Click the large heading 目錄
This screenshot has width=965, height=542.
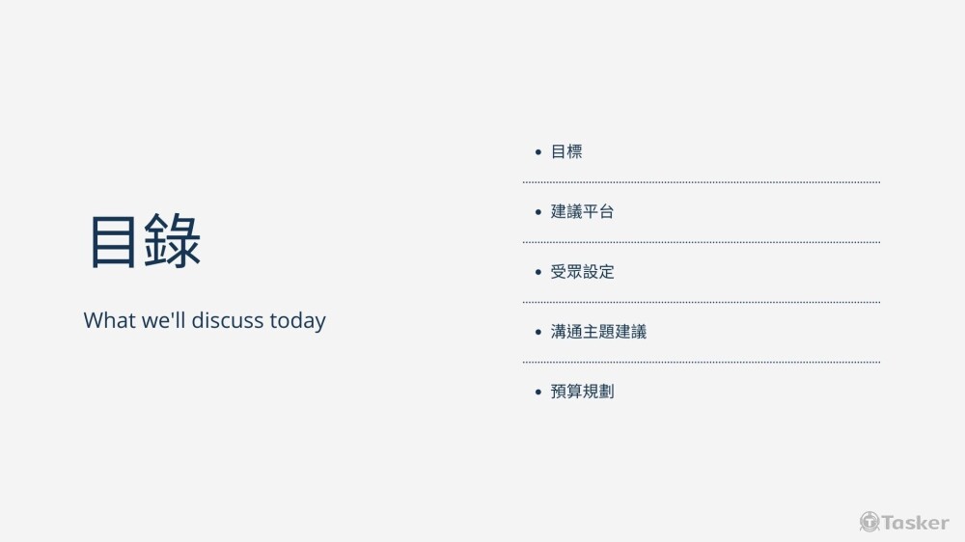pyautogui.click(x=146, y=240)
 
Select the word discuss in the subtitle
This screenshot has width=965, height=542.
pyautogui.click(x=228, y=320)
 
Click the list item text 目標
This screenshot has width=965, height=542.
pyautogui.click(x=566, y=151)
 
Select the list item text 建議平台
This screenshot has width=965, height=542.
pyautogui.click(x=582, y=211)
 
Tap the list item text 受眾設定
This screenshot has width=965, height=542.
pyautogui.click(x=582, y=271)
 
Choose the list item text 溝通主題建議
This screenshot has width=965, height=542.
pyautogui.click(x=598, y=332)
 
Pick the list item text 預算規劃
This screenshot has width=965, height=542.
pyautogui.click(x=582, y=392)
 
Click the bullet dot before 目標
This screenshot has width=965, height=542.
pyautogui.click(x=538, y=152)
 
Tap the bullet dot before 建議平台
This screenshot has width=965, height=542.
pyautogui.click(x=538, y=212)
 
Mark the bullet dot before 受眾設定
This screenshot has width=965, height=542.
pyautogui.click(x=538, y=272)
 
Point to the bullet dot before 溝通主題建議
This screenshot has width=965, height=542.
pyautogui.click(x=538, y=332)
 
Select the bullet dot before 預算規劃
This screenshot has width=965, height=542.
pyautogui.click(x=538, y=392)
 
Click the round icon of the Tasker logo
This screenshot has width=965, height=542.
pyautogui.click(x=869, y=522)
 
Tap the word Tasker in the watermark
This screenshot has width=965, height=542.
pyautogui.click(x=916, y=523)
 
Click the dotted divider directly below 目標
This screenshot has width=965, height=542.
pyautogui.click(x=702, y=182)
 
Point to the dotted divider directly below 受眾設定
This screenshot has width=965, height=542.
pyautogui.click(x=702, y=302)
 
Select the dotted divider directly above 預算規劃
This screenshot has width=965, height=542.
pyautogui.click(x=702, y=363)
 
